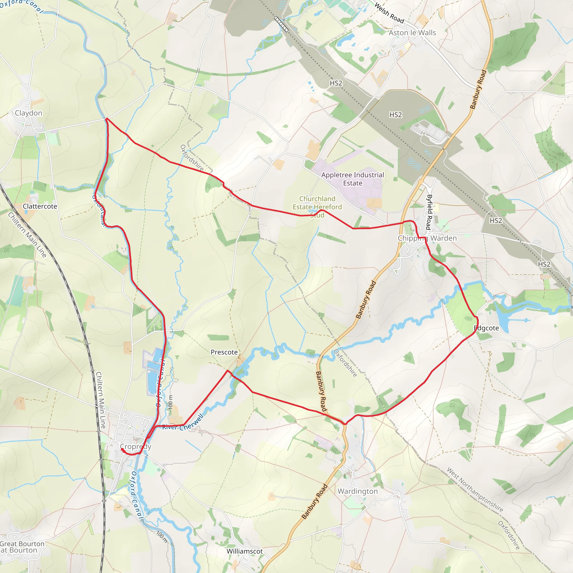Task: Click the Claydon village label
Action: tap(29, 113)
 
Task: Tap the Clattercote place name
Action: tap(40, 206)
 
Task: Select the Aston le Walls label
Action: tap(412, 33)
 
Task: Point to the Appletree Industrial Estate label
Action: tap(353, 179)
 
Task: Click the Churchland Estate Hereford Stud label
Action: tap(317, 207)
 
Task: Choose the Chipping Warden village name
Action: tap(427, 238)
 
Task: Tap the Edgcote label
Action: tap(486, 328)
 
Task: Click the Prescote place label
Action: tap(224, 352)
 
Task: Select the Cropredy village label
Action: tap(135, 446)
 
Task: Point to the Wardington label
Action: tap(358, 491)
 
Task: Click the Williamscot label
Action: tap(245, 551)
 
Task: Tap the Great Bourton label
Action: tap(22, 544)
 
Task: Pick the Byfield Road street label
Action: tap(429, 212)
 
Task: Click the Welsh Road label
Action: tap(389, 13)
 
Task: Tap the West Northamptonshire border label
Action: tap(475, 490)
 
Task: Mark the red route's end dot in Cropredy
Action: tap(122, 450)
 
